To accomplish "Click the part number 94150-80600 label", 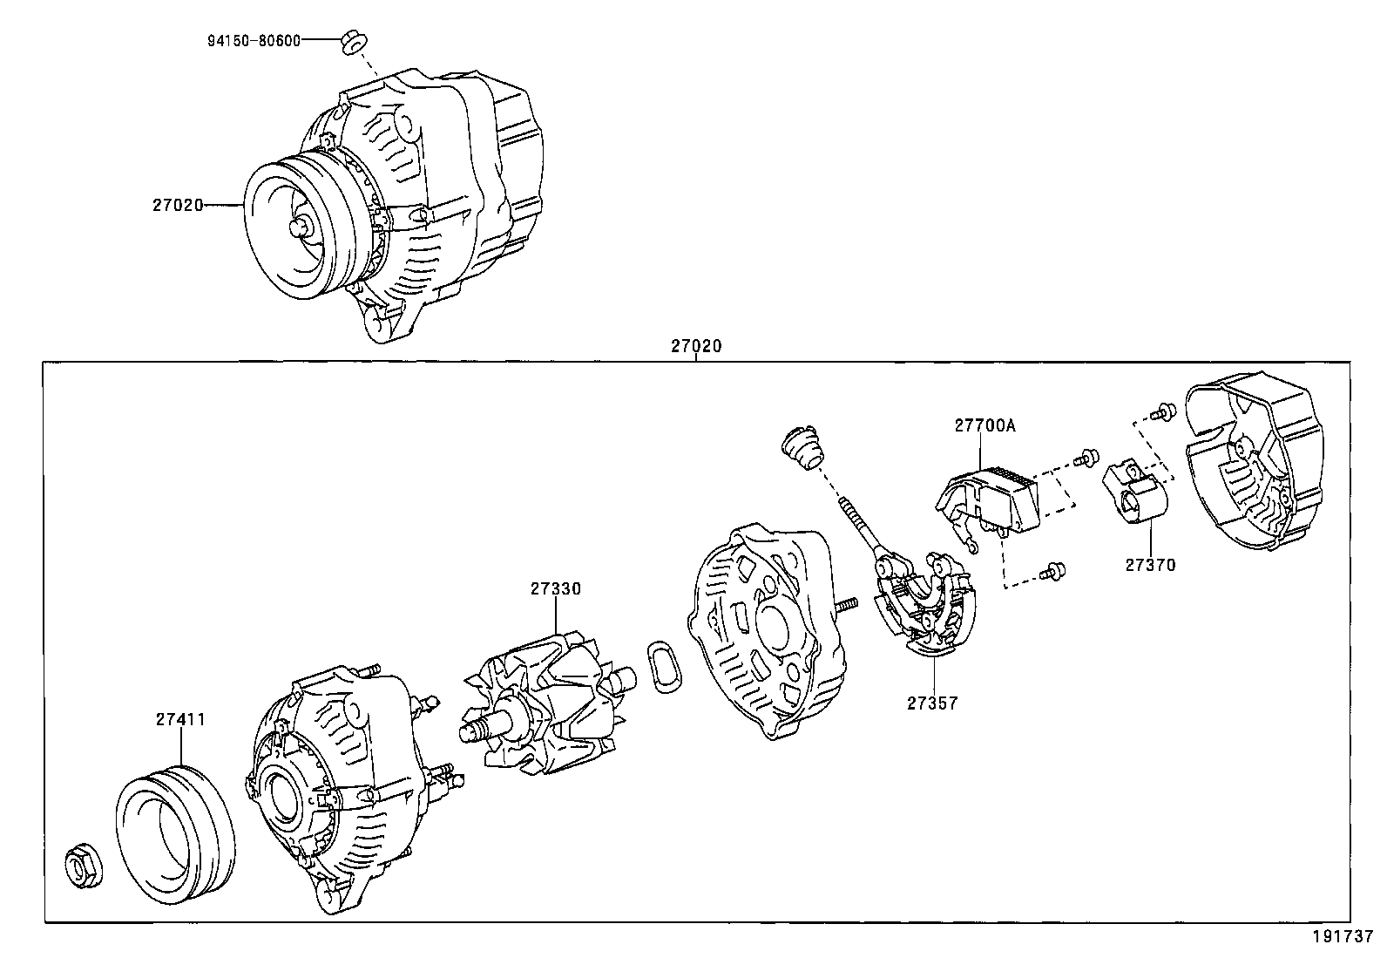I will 254,40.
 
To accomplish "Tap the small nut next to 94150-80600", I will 354,40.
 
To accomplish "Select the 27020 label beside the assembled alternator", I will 178,205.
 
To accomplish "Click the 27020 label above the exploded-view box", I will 696,346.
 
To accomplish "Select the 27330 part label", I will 555,588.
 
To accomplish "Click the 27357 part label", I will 931,703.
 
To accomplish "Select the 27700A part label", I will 984,425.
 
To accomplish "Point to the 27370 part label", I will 1150,565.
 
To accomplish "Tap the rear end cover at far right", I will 1255,471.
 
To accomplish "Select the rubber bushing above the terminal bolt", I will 802,447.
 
